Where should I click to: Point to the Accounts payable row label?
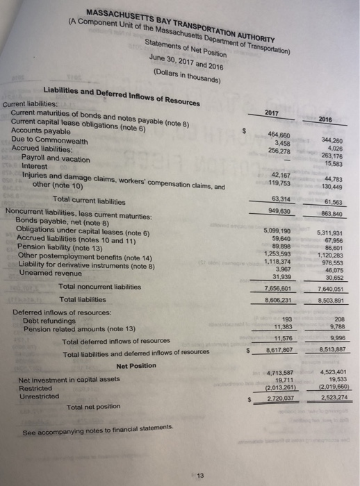coord(41,131)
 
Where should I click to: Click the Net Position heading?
coord(136,366)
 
